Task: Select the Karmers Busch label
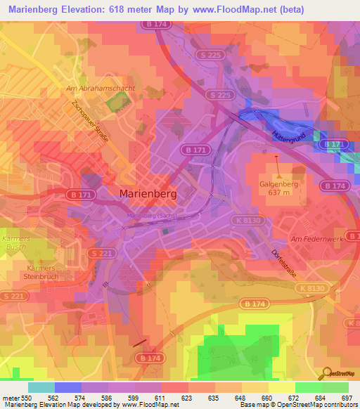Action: (14, 242)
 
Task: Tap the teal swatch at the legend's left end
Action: (41, 387)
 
